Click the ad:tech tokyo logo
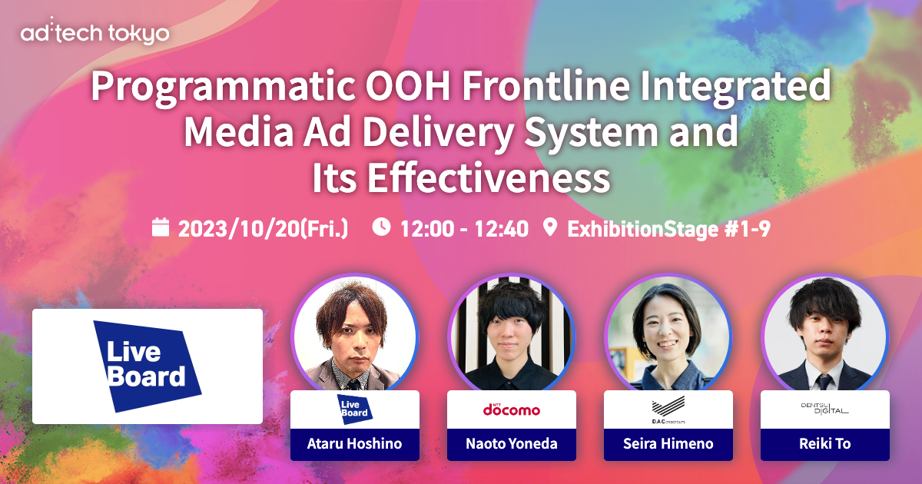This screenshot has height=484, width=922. (x=96, y=33)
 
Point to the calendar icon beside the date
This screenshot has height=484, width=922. (x=160, y=227)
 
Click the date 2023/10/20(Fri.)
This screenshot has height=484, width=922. (x=263, y=228)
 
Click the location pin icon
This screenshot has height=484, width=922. (x=549, y=227)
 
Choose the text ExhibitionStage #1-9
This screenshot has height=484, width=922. (x=667, y=228)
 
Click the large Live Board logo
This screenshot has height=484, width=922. (x=148, y=366)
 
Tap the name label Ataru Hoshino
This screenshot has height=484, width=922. (x=355, y=444)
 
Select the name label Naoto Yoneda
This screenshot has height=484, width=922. (x=511, y=444)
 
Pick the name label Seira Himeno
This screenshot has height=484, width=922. (x=668, y=444)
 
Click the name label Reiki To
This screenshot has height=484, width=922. (x=824, y=444)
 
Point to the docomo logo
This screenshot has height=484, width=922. (x=511, y=409)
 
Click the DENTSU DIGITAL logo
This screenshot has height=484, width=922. (x=824, y=409)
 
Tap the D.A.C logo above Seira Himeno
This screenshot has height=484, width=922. (x=668, y=409)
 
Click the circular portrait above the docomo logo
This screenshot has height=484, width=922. (x=511, y=334)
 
